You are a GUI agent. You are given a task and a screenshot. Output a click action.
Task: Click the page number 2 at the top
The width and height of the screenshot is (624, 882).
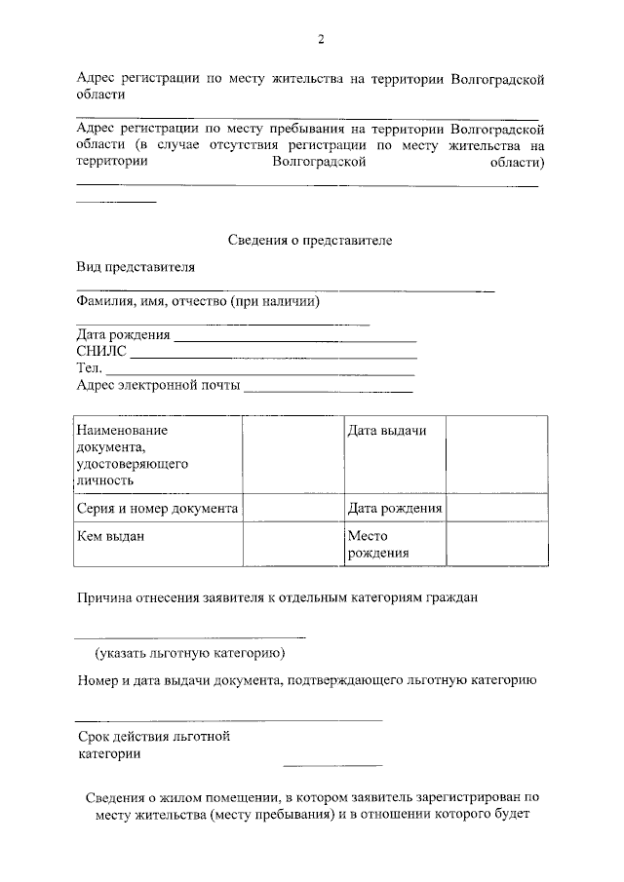pyautogui.click(x=320, y=39)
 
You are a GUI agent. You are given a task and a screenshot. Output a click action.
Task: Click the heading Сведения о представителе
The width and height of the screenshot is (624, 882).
pyautogui.click(x=309, y=240)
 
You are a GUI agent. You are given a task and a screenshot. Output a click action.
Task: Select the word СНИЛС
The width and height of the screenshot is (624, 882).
pyautogui.click(x=101, y=352)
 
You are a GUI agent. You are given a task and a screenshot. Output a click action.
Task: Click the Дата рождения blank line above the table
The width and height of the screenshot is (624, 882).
pyautogui.click(x=294, y=340)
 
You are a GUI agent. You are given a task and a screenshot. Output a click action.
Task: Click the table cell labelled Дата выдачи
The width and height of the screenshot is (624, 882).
pyautogui.click(x=394, y=454)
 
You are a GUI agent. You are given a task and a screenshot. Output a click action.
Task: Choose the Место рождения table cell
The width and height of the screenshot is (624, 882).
pyautogui.click(x=394, y=545)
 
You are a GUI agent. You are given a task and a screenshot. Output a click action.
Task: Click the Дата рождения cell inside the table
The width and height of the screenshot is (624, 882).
pyautogui.click(x=394, y=508)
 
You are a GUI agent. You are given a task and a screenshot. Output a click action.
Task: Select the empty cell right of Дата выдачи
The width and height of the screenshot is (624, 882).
pyautogui.click(x=496, y=454)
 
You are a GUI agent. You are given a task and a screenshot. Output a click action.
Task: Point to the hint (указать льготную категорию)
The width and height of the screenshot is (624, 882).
pyautogui.click(x=189, y=653)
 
